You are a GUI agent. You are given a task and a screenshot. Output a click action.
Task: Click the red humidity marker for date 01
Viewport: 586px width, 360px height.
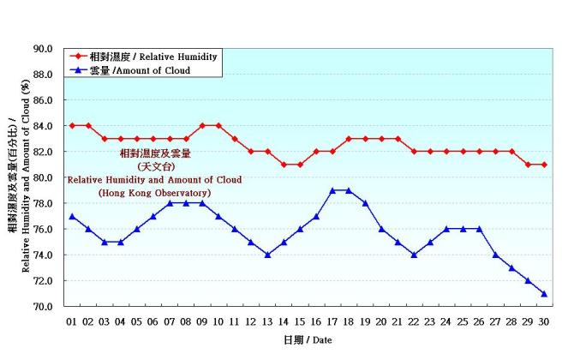pos(73,125)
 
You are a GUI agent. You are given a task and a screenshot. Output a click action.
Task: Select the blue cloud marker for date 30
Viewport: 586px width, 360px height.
pos(544,293)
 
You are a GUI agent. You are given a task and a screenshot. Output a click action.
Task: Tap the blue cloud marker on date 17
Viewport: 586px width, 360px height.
pos(332,190)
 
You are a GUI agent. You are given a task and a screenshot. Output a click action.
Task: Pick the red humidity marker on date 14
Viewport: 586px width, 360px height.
pos(284,164)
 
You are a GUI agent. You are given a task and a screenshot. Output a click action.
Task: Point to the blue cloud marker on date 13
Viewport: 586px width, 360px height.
pos(267,255)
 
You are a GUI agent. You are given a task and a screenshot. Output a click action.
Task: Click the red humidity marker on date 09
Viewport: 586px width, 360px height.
pos(202,125)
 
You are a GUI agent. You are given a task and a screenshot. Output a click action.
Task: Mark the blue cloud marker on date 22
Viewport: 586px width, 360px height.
pos(414,255)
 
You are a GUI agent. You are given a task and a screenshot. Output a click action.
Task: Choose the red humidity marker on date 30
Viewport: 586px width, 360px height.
pos(544,164)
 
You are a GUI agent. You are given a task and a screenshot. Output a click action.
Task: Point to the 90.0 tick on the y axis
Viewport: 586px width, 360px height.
pos(44,49)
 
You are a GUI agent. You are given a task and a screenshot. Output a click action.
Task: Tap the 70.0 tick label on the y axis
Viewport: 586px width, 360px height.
pos(44,306)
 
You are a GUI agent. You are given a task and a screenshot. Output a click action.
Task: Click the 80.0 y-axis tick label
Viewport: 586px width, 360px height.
pos(44,177)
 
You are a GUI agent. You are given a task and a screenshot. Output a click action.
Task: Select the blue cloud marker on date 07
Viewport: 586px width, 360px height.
pos(170,203)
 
